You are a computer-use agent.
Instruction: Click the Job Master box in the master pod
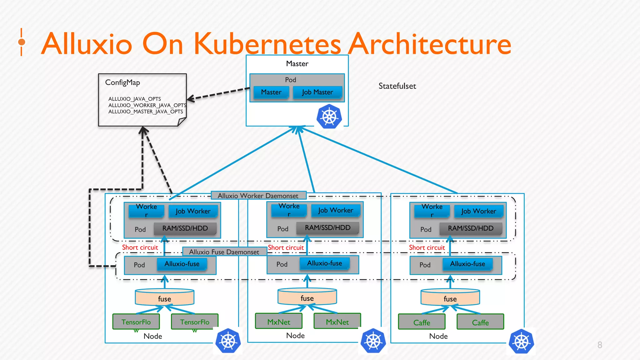317,92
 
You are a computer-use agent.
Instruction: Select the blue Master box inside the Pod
271,92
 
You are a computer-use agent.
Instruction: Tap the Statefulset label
397,86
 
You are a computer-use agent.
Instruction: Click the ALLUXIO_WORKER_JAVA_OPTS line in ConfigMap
147,105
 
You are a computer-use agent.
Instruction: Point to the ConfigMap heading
122,82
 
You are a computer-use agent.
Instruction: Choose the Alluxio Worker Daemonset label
258,196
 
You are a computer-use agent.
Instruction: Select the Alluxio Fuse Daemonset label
224,252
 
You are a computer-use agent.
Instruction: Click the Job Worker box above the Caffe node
478,211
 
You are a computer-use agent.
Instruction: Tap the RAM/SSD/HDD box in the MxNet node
327,228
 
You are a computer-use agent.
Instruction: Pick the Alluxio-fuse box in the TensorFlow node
182,264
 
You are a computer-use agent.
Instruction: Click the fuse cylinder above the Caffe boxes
450,297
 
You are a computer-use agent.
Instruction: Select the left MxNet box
279,321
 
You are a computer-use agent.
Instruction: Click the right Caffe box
480,322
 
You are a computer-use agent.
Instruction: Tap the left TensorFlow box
136,322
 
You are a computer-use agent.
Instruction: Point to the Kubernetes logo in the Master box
329,117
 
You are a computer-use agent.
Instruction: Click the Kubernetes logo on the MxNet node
373,341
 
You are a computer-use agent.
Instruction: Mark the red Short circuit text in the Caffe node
427,247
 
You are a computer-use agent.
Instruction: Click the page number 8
600,345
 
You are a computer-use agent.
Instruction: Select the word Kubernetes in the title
267,44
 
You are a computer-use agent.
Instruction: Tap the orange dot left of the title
22,42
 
